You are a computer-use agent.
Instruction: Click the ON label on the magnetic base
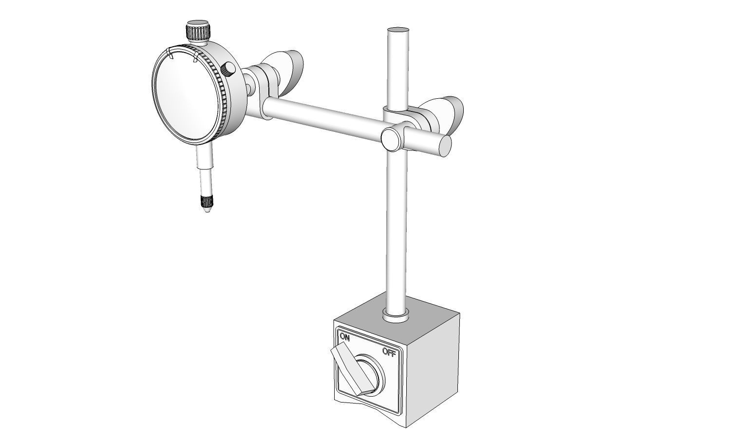coord(345,336)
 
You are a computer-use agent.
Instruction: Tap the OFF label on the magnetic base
coord(389,352)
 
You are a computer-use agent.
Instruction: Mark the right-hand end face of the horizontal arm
coord(445,146)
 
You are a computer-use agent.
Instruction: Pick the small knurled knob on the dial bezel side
coord(228,70)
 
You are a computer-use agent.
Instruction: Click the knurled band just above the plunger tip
coord(205,202)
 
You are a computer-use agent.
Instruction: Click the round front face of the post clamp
coord(391,139)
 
